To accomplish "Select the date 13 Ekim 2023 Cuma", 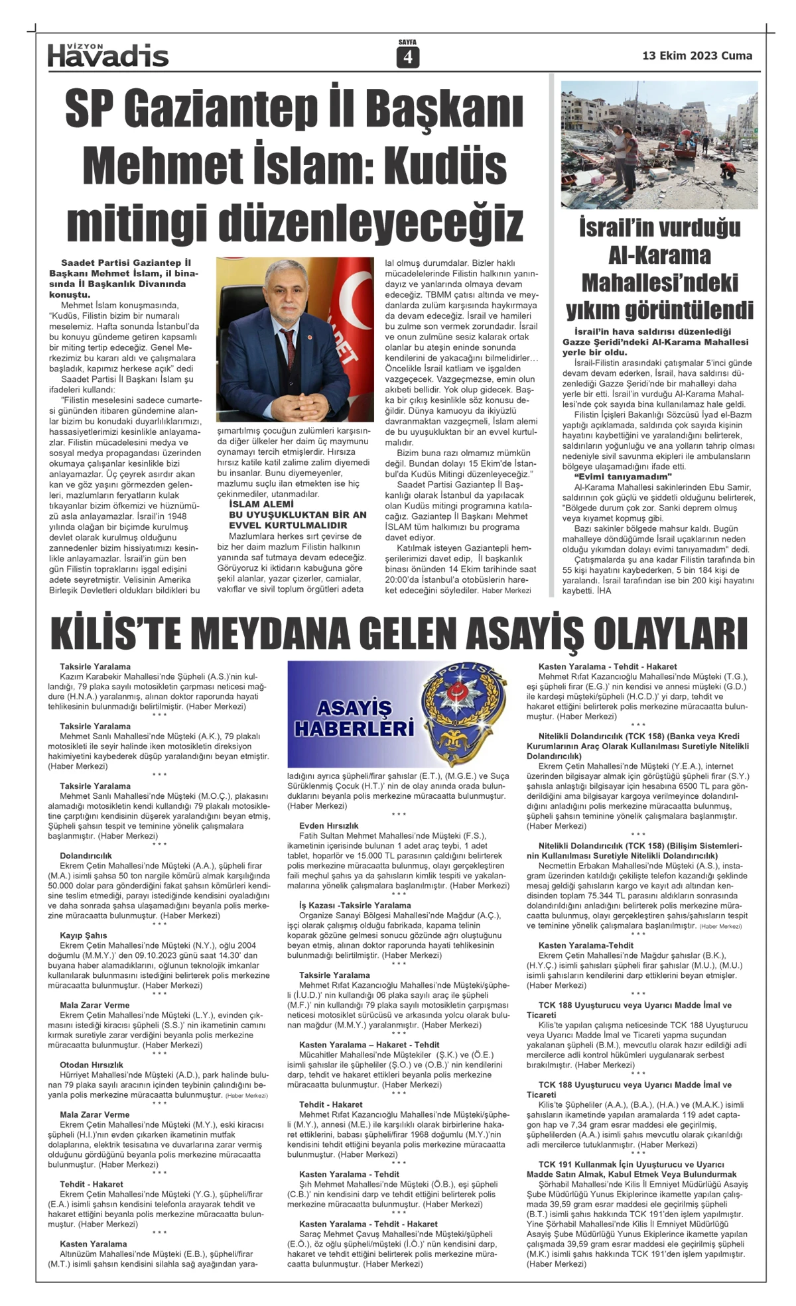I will point(696,56).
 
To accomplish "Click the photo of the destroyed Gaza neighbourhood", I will point(659,145).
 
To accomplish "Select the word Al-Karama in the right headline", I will point(659,255).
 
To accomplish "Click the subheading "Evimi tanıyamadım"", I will point(623,477).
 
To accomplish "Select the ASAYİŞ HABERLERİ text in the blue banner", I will point(354,719).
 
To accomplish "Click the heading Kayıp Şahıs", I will point(84,935).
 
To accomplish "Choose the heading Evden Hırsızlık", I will point(329,825).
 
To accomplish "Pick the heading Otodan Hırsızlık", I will point(92,1065).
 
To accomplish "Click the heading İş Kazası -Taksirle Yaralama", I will point(355,905).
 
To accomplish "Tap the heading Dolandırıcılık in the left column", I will point(86,856).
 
